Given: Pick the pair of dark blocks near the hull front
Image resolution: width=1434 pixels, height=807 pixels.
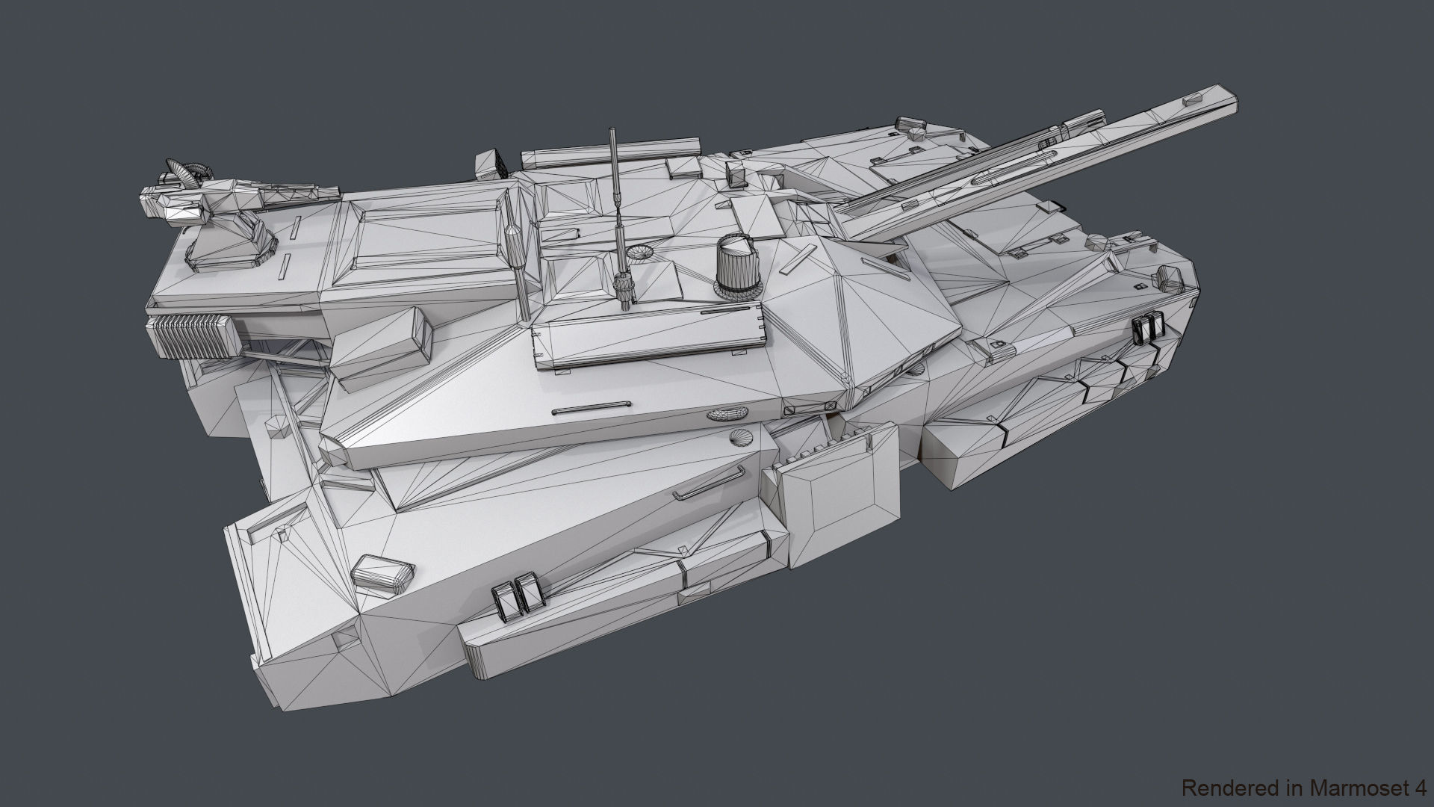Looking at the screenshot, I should [1149, 328].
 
